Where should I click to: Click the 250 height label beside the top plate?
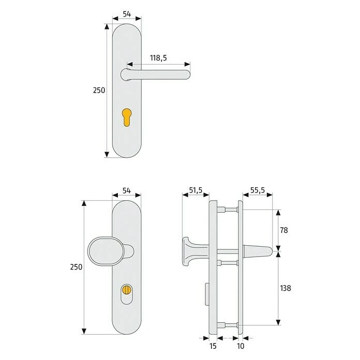coord(99,90)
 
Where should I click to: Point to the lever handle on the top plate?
coord(160,74)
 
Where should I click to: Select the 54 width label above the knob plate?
coord(127,191)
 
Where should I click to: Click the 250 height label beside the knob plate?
coord(76,267)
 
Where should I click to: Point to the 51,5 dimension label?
coord(195,191)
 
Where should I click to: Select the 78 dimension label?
coord(283,230)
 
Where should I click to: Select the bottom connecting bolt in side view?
coord(224,325)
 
